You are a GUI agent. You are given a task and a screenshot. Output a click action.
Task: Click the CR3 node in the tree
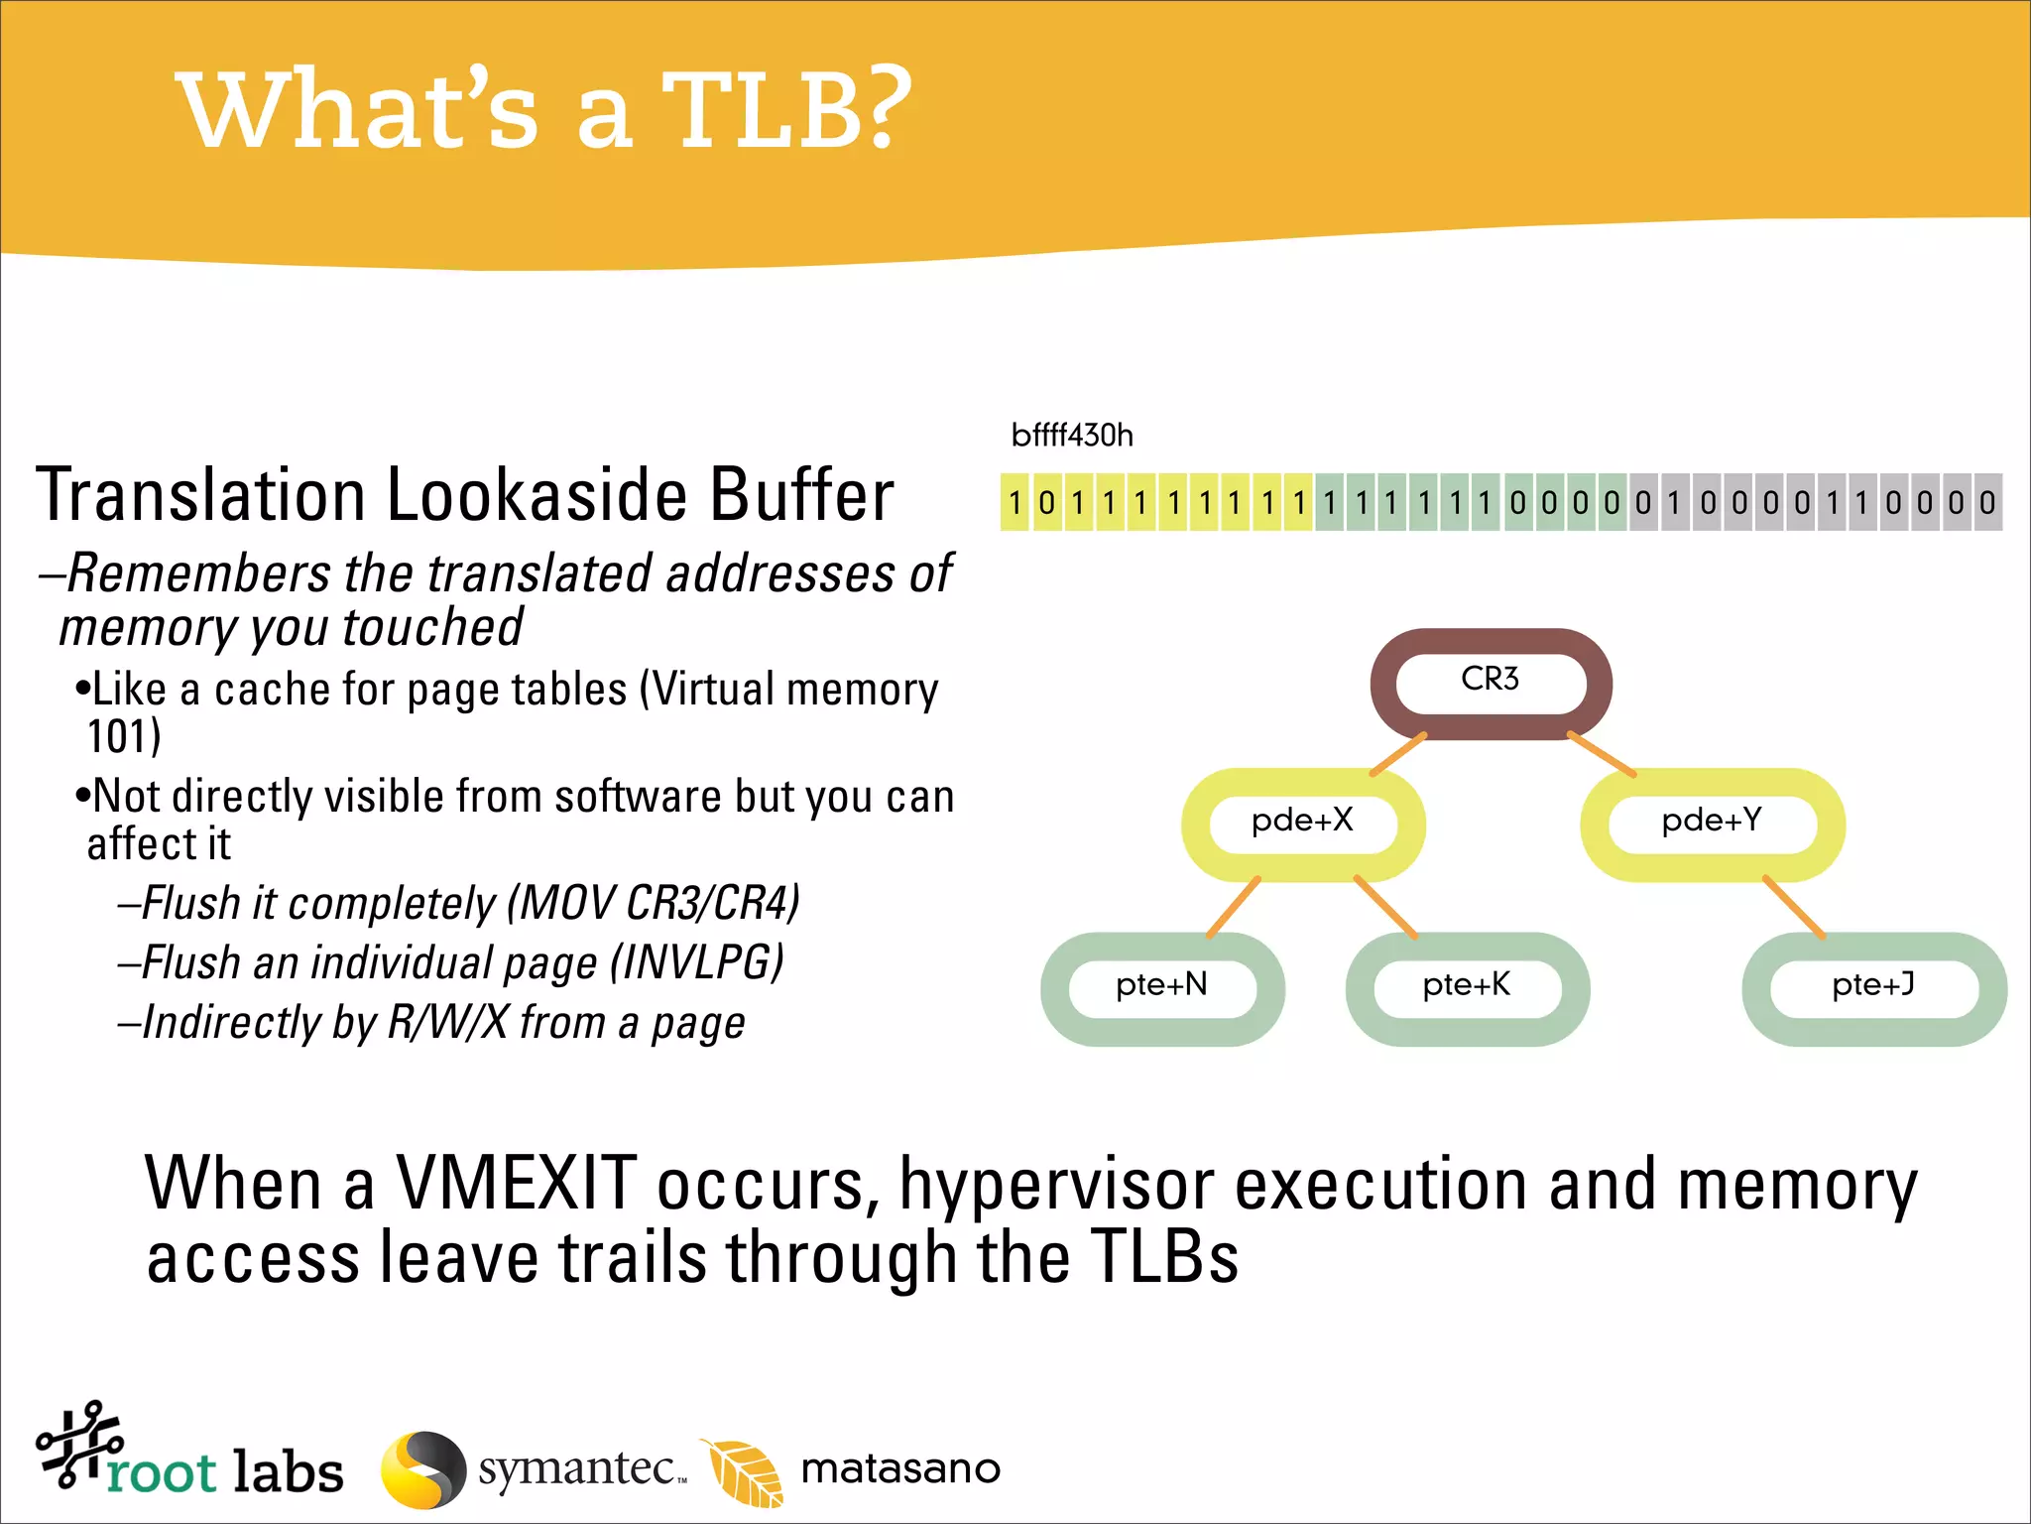coord(1490,683)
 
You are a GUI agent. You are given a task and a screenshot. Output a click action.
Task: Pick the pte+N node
coord(1161,987)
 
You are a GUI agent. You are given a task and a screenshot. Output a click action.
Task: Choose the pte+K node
coord(1467,987)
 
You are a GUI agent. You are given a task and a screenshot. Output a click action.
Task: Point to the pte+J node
coord(1873,987)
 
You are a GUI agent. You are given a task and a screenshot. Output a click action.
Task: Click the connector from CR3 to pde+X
coord(1398,754)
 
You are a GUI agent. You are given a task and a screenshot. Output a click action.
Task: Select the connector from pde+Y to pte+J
coord(1794,907)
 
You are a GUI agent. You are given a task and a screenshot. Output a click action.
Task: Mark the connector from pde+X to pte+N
coord(1234,907)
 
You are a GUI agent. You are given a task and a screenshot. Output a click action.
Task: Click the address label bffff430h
coord(1072,436)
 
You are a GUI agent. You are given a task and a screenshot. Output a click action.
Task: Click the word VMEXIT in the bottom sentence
coord(516,1184)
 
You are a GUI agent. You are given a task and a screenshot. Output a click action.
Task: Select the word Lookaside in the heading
coord(538,495)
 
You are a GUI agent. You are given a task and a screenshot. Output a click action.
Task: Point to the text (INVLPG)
coord(697,962)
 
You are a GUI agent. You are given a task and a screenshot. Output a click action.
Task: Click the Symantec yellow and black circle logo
coord(423,1469)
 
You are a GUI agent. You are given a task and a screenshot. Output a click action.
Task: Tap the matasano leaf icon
coord(744,1471)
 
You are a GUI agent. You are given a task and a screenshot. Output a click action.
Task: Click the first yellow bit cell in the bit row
coord(1015,503)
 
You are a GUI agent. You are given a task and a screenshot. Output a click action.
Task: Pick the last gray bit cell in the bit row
coord(1987,503)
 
